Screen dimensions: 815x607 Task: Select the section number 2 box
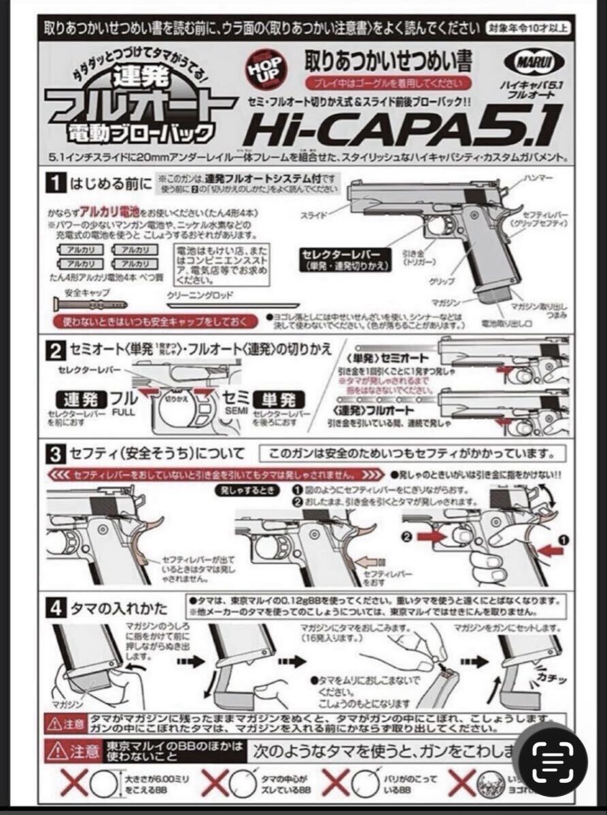tap(56, 350)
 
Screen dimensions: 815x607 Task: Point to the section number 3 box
tap(56, 453)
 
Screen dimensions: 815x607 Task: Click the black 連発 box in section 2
tap(77, 398)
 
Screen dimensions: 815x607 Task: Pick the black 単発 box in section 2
tap(277, 398)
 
